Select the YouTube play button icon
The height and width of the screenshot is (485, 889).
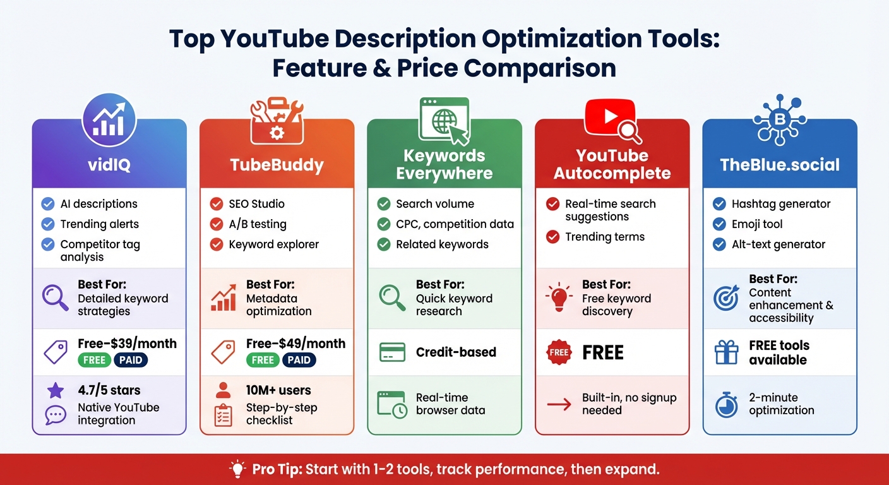(x=609, y=116)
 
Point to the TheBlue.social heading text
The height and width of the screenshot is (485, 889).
(x=780, y=165)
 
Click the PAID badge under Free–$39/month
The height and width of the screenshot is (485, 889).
(x=131, y=360)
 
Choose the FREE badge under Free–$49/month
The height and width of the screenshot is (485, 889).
(x=263, y=360)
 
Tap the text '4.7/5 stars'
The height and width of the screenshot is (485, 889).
(x=109, y=390)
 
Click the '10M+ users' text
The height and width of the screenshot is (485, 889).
(x=278, y=390)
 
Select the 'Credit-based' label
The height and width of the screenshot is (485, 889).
(x=456, y=352)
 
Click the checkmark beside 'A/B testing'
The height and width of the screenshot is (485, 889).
(x=217, y=224)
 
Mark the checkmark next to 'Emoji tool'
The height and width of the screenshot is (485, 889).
(x=719, y=224)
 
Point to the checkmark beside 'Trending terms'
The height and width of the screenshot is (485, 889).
(x=552, y=237)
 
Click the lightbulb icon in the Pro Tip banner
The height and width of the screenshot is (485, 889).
(x=237, y=469)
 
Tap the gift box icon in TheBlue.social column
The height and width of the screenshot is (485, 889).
(x=726, y=352)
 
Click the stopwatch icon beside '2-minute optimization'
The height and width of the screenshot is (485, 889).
(x=726, y=404)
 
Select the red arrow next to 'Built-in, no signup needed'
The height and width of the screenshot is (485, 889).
(x=559, y=404)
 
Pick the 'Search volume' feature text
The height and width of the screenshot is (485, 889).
(x=435, y=204)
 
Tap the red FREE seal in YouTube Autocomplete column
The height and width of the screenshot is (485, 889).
(x=559, y=352)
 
